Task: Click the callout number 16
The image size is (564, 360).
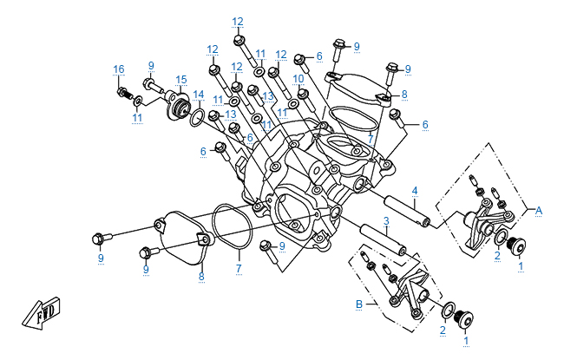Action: [x=119, y=69]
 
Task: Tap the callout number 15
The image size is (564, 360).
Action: [x=181, y=79]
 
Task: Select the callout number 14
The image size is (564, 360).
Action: [x=199, y=94]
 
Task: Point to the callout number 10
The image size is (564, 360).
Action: [x=298, y=79]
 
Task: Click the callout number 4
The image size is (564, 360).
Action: [x=415, y=190]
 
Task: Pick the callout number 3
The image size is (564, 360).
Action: [x=385, y=221]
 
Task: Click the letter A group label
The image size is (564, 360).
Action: [x=539, y=210]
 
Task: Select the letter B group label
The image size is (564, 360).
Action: [x=358, y=304]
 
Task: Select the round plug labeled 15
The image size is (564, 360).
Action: [x=180, y=109]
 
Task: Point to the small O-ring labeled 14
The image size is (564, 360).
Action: [x=197, y=116]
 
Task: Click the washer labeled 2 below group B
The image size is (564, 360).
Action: [x=448, y=311]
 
